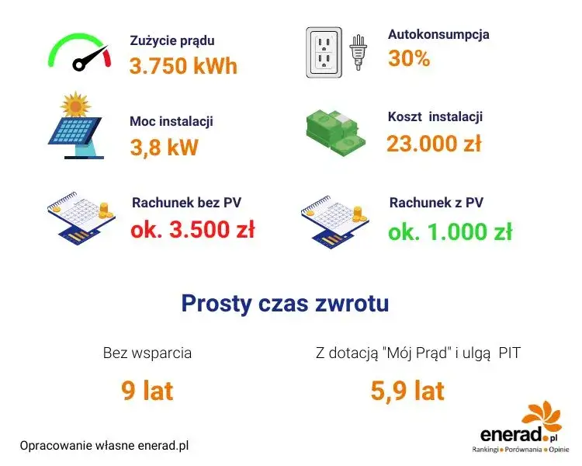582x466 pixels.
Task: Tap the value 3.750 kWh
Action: coord(183,65)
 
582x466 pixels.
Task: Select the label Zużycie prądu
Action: coord(171,40)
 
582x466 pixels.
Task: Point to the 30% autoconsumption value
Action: coord(409,59)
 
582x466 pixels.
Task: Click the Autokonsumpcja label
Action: coord(438,34)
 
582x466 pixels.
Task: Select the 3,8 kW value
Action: coord(164,147)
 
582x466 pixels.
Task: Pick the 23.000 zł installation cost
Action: coord(434,144)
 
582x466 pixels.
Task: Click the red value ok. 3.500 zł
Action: coord(192,230)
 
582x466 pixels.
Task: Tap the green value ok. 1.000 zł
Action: coord(450,231)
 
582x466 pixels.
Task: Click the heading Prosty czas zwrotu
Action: coord(285,303)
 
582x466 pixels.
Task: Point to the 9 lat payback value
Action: coord(147,391)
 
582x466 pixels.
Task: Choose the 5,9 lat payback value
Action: coord(407,391)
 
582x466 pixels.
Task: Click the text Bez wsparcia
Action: coord(147,353)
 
